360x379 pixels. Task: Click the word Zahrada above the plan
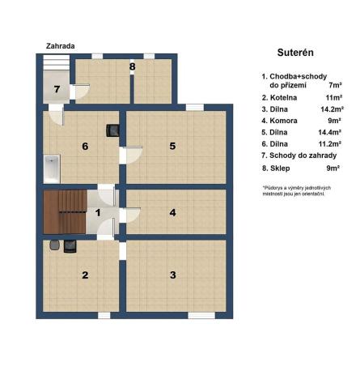(61, 46)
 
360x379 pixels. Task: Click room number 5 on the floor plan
(172, 146)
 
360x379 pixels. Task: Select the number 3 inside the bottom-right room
(172, 275)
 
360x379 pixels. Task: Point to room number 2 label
(84, 275)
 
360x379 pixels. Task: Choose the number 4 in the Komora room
(172, 213)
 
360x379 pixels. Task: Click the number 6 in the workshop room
(84, 147)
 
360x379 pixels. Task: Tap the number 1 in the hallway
(97, 213)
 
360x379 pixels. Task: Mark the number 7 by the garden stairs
(57, 89)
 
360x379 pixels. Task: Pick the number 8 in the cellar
(132, 66)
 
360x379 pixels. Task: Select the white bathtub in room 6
(52, 168)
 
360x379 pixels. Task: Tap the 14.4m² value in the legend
(329, 131)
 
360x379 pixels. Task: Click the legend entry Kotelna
(285, 96)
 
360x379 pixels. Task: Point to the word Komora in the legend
(286, 119)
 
